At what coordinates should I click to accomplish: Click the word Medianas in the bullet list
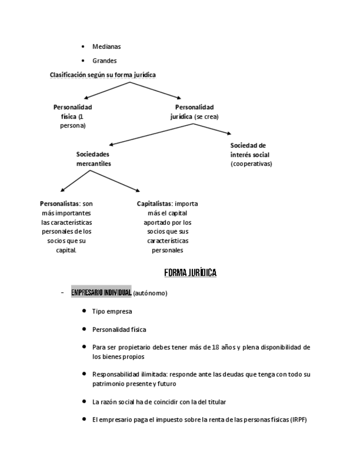click(x=107, y=47)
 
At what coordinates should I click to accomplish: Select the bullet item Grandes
click(x=104, y=61)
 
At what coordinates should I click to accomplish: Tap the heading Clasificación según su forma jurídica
click(x=103, y=74)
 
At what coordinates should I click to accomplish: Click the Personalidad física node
click(x=73, y=116)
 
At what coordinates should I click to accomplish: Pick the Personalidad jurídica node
click(x=195, y=112)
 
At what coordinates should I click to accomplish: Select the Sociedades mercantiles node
click(x=93, y=159)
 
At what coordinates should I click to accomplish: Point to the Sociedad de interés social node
click(x=251, y=150)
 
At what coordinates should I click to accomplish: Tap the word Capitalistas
click(x=154, y=203)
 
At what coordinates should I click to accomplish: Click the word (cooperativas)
click(x=251, y=164)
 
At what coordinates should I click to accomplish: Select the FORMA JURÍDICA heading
click(x=190, y=273)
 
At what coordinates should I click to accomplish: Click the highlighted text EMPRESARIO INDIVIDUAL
click(x=101, y=292)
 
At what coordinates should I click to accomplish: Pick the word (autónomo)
click(x=150, y=293)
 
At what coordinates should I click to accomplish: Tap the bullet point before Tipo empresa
click(x=84, y=310)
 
